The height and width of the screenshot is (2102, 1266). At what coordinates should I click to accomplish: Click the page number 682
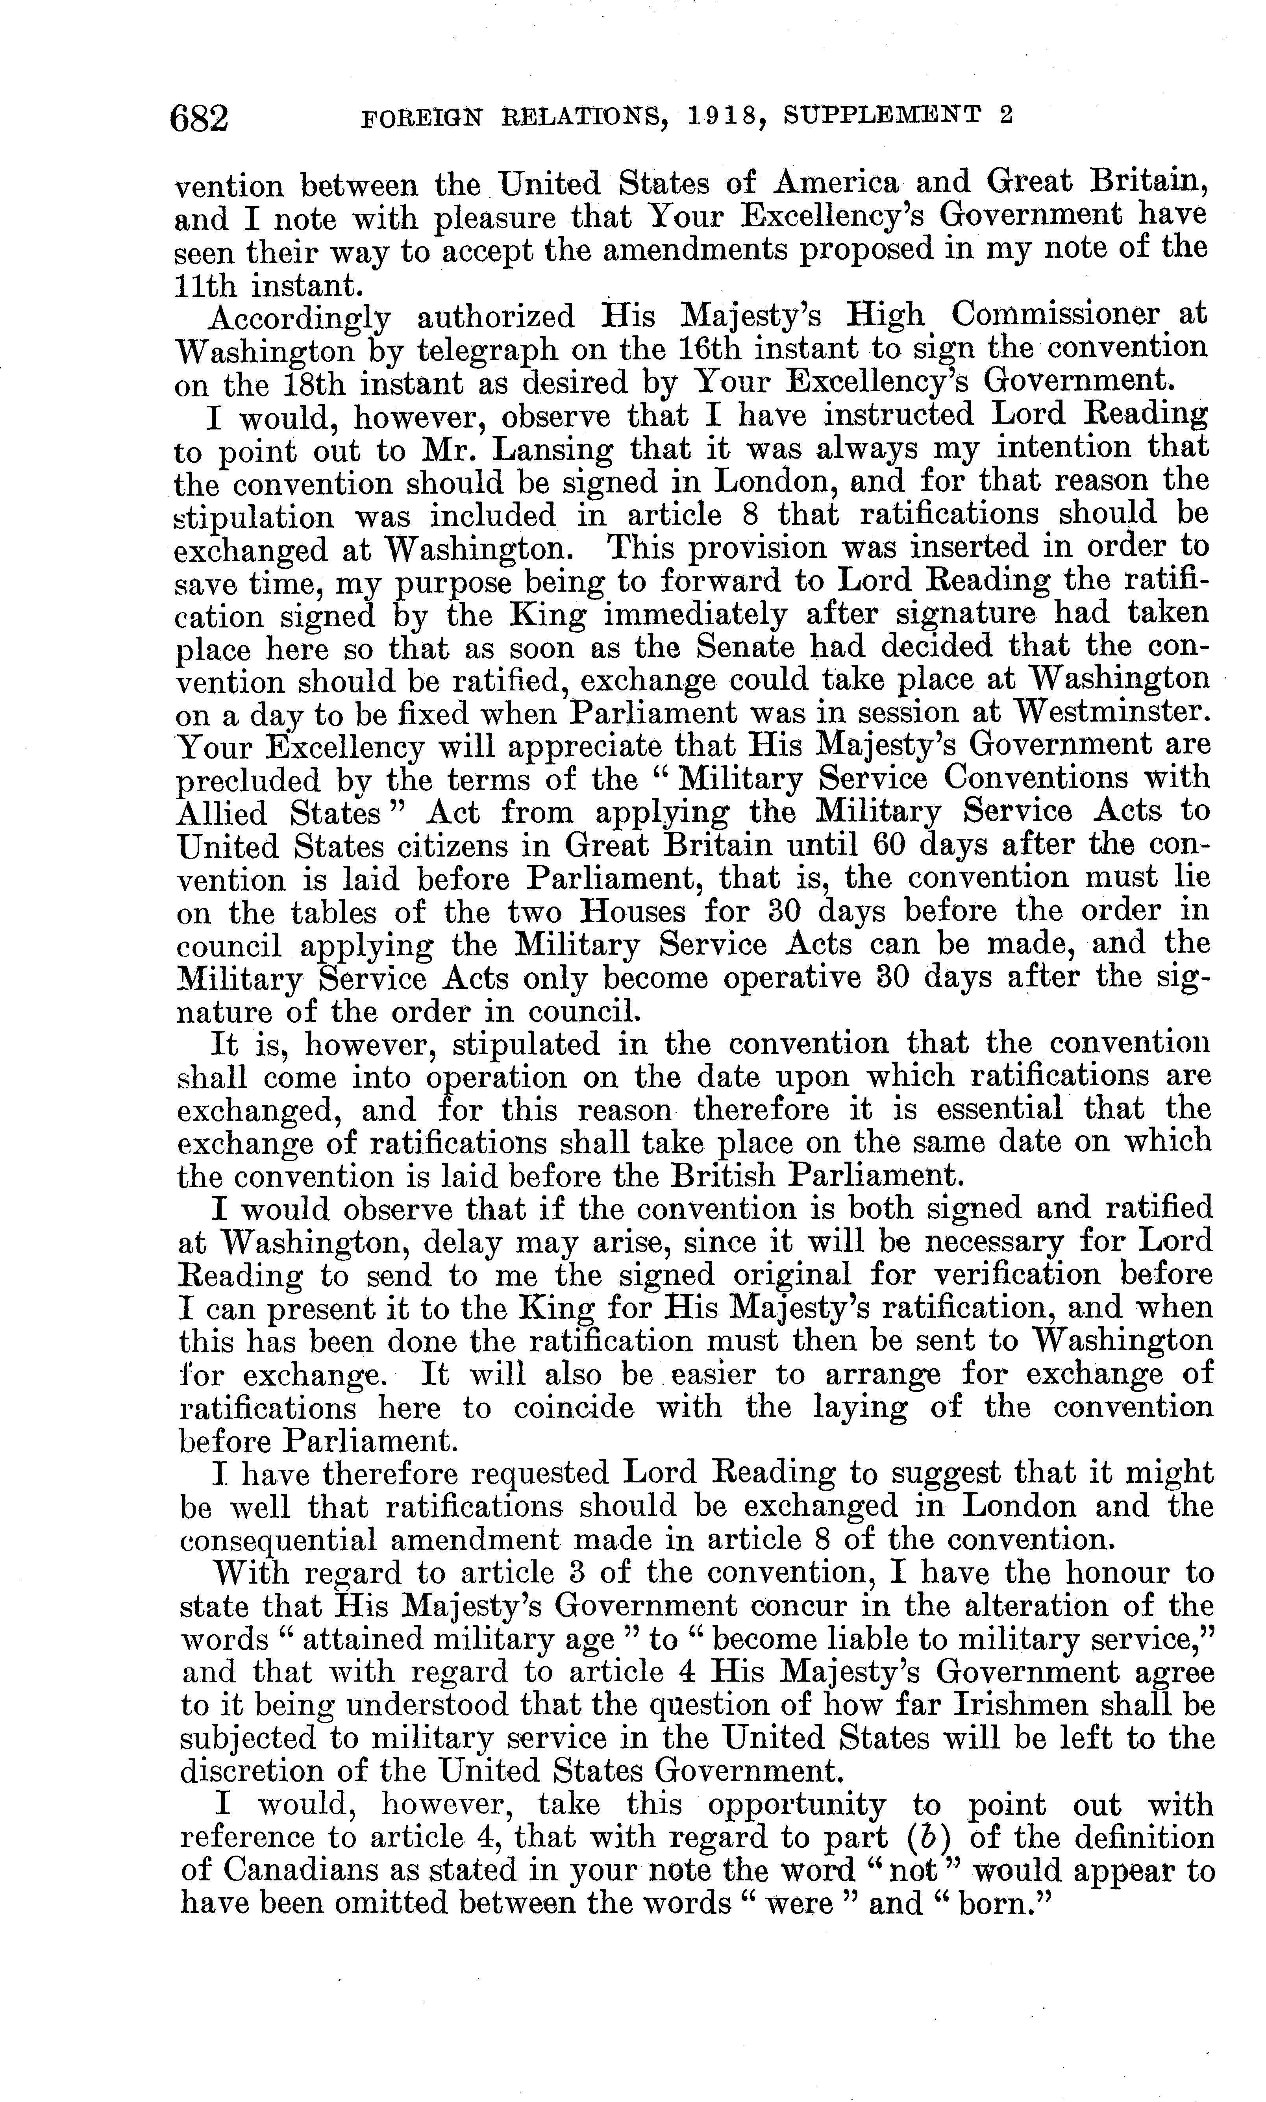[200, 117]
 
